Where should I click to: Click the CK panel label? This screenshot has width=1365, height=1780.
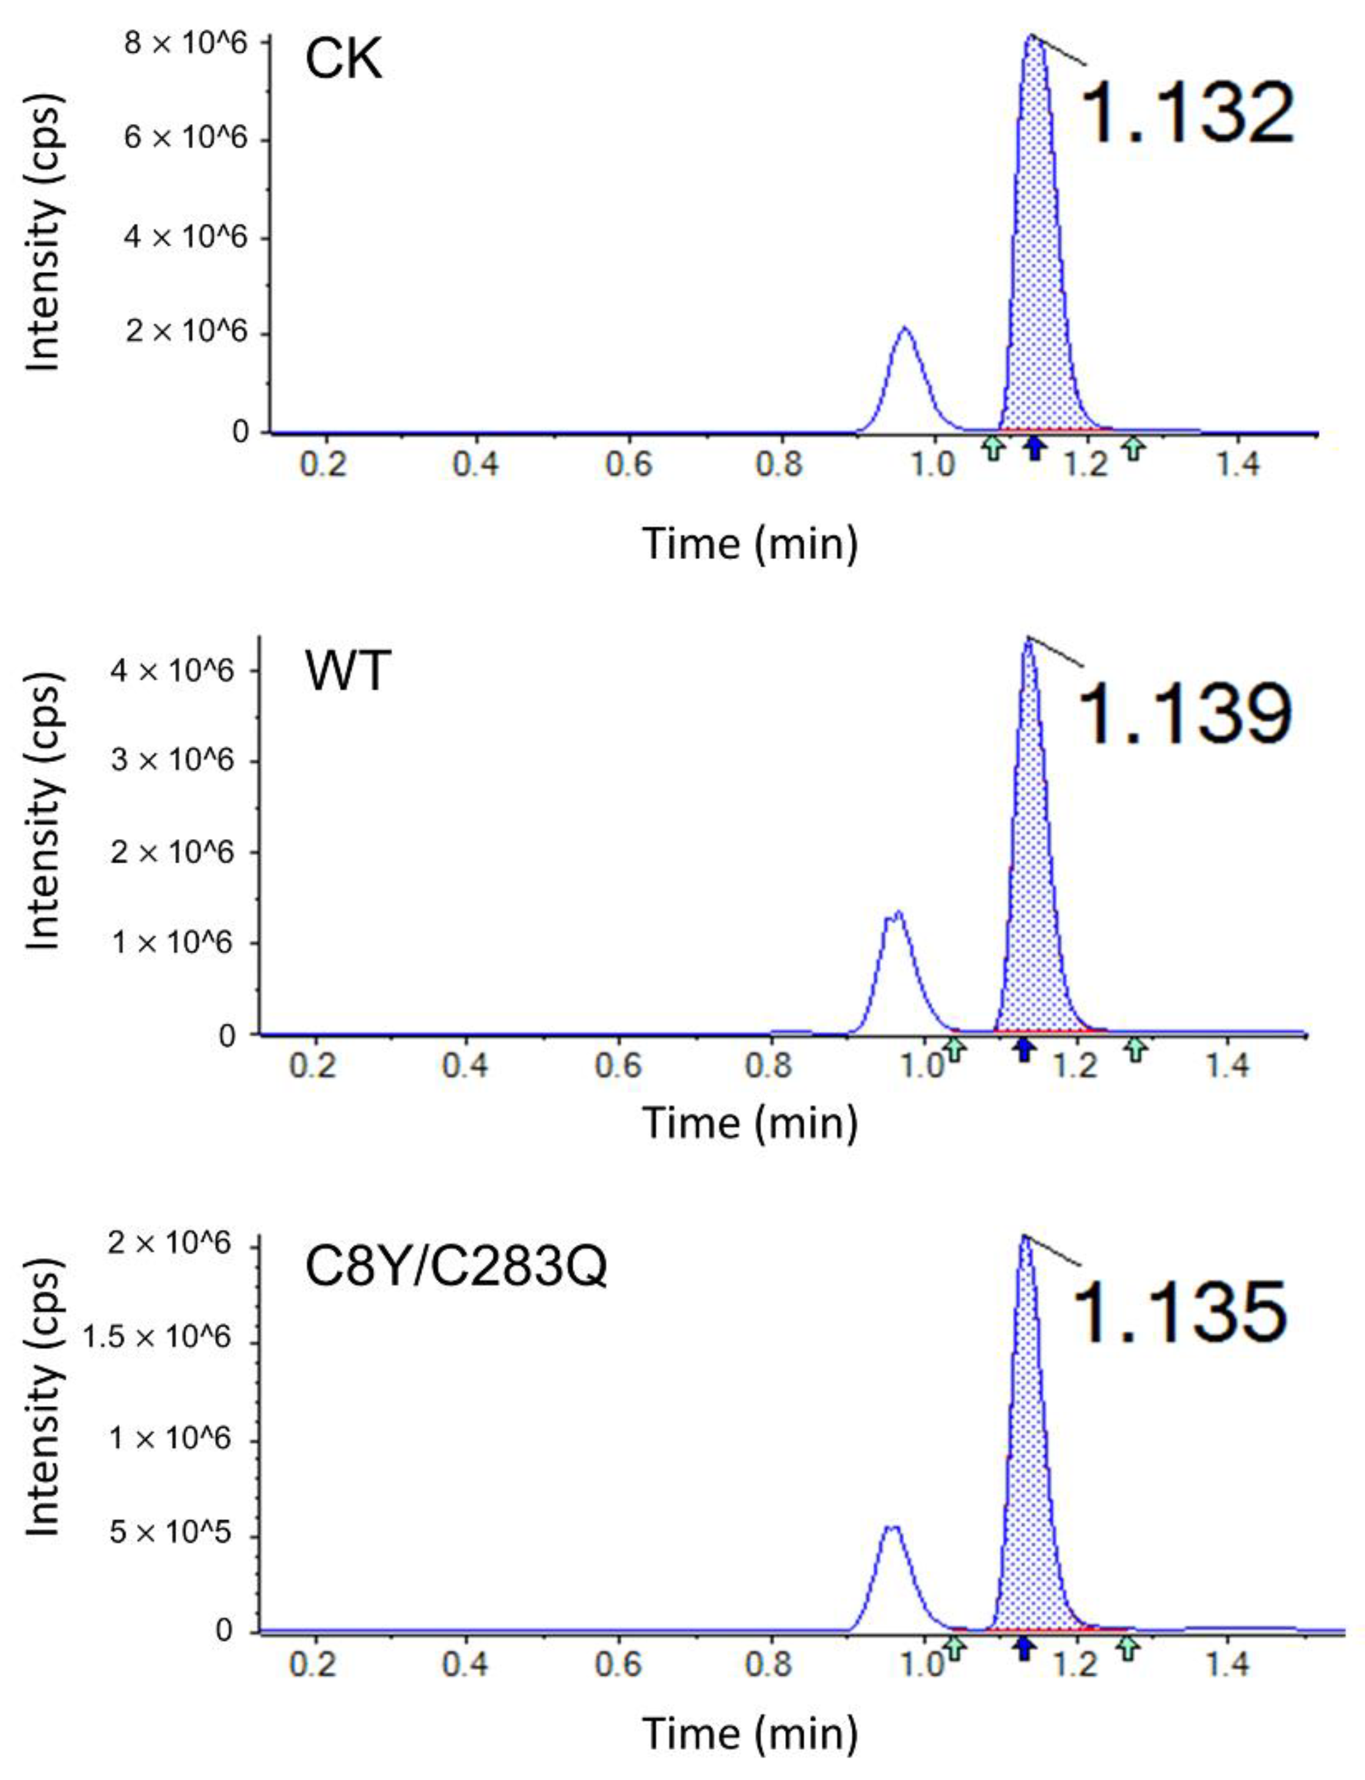click(x=343, y=60)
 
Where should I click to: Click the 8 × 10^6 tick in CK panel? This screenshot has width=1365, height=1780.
click(x=185, y=43)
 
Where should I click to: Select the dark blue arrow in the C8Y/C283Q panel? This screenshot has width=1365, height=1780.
click(x=1025, y=1649)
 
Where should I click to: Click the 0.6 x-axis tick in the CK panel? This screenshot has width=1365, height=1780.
click(x=628, y=464)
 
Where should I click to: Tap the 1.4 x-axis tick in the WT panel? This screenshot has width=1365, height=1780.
click(x=1226, y=1065)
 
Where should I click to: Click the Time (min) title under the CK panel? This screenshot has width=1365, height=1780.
click(x=750, y=543)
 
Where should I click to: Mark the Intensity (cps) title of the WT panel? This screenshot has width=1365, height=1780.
click(x=42, y=813)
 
